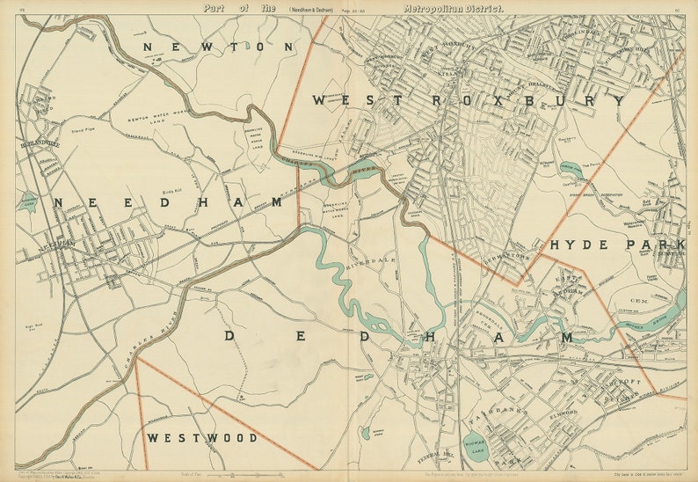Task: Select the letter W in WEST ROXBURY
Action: coord(319,101)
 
